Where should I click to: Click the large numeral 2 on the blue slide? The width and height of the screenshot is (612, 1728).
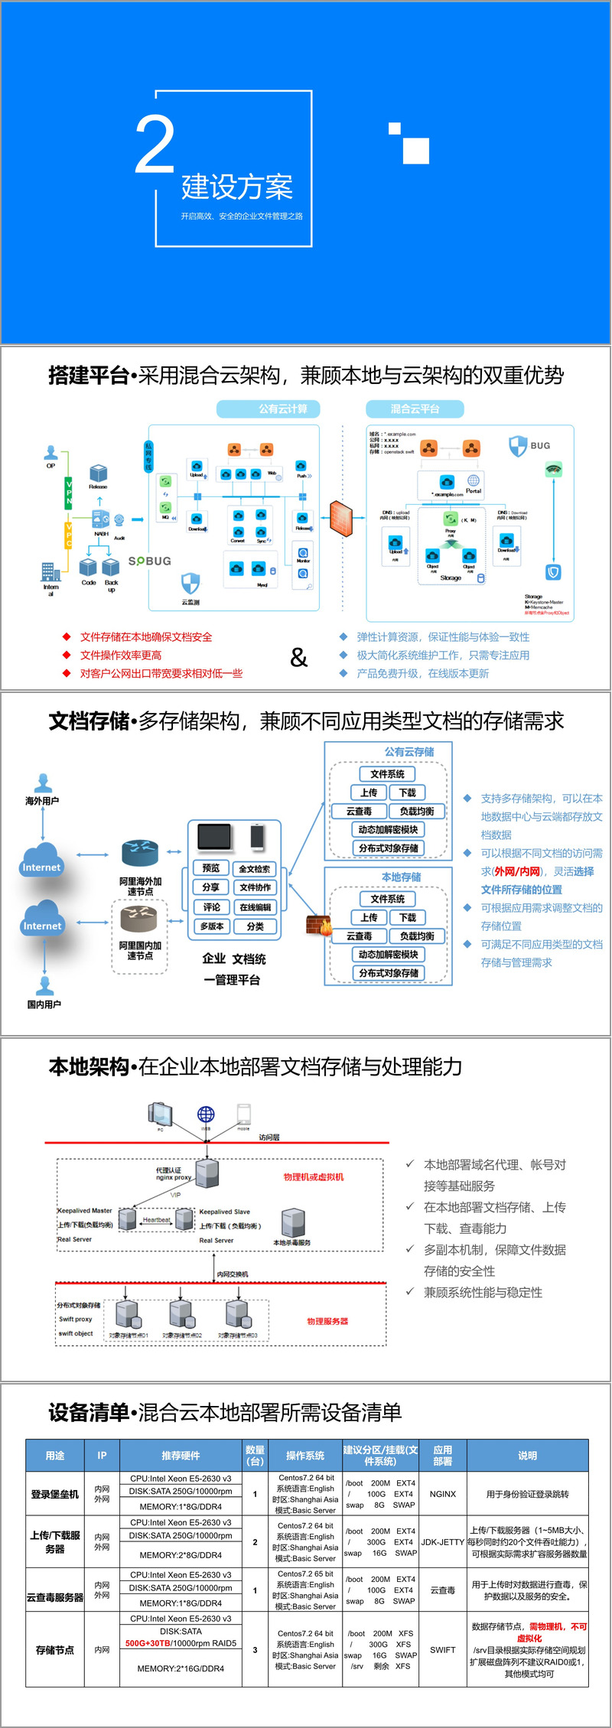click(x=155, y=143)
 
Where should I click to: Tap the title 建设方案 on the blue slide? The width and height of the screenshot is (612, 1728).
click(x=237, y=187)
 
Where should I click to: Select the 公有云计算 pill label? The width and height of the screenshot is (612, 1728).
click(x=268, y=408)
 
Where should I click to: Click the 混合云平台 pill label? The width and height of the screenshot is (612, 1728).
click(x=415, y=408)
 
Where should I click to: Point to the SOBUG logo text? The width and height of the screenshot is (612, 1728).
click(x=150, y=561)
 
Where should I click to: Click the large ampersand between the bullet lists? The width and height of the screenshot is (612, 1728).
click(x=298, y=657)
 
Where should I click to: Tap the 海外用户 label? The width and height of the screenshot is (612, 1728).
click(x=42, y=801)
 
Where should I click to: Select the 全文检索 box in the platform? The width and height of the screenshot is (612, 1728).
click(x=255, y=868)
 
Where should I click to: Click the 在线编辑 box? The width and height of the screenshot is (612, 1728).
click(x=255, y=907)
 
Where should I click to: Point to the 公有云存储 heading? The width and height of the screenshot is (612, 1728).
click(x=409, y=752)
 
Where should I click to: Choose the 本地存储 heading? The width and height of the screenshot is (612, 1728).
click(x=401, y=877)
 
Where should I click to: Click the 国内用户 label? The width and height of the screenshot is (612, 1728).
click(x=44, y=1004)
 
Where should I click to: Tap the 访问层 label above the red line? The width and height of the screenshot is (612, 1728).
click(x=269, y=1137)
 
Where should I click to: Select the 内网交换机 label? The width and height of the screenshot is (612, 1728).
click(x=233, y=1274)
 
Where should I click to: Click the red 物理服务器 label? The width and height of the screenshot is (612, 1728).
click(x=327, y=1321)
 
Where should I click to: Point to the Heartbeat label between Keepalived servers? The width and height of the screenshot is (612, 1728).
click(x=157, y=1220)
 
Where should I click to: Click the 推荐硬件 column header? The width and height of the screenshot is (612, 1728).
click(x=181, y=1456)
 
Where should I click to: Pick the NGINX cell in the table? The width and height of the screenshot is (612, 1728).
click(x=443, y=1494)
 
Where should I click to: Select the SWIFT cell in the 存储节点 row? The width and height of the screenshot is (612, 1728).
click(x=442, y=1650)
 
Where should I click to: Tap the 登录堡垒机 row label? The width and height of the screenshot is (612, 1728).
click(x=55, y=1494)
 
